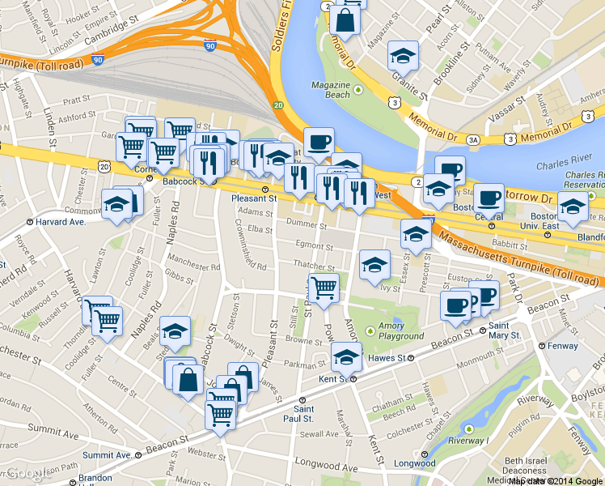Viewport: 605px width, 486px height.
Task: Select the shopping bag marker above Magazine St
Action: (x=345, y=20)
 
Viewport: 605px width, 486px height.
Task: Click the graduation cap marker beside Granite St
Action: (x=403, y=56)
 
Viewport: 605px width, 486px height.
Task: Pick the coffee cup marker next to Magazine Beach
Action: (x=319, y=143)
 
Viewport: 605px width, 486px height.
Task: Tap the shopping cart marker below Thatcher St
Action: (x=324, y=288)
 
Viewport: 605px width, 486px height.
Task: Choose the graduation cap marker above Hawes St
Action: (x=346, y=356)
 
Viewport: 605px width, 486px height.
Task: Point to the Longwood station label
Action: (x=414, y=463)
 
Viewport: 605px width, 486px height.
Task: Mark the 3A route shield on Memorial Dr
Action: (x=472, y=139)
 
